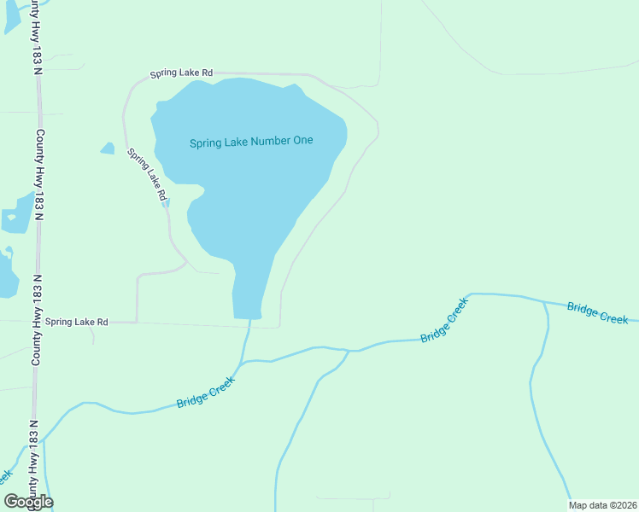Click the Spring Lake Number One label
click(251, 142)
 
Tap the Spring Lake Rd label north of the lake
click(181, 74)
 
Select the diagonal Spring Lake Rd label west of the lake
click(147, 175)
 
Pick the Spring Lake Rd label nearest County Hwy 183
click(77, 322)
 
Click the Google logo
click(28, 502)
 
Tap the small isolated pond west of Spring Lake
click(108, 148)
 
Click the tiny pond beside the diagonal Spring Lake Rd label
click(167, 202)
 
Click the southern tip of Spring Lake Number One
click(248, 317)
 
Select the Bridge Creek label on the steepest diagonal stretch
click(445, 320)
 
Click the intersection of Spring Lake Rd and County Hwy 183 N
click(37, 322)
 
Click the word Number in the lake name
click(268, 142)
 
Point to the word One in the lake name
click(303, 142)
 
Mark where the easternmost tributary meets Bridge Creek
click(544, 302)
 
